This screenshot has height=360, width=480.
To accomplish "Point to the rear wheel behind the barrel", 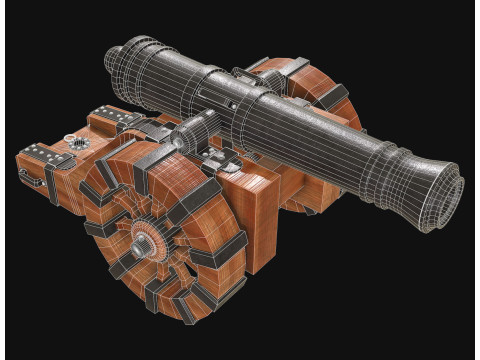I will (x=318, y=100).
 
